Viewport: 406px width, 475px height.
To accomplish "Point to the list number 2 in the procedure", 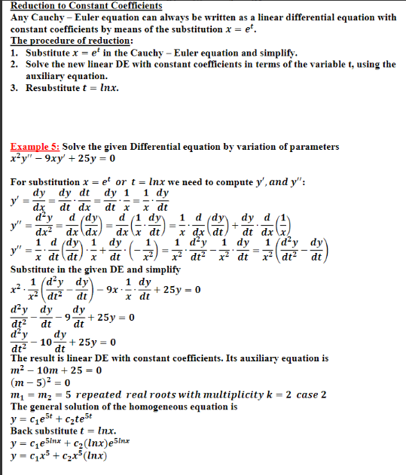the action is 14,64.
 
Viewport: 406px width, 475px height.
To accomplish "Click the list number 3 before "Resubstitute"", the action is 14,88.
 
